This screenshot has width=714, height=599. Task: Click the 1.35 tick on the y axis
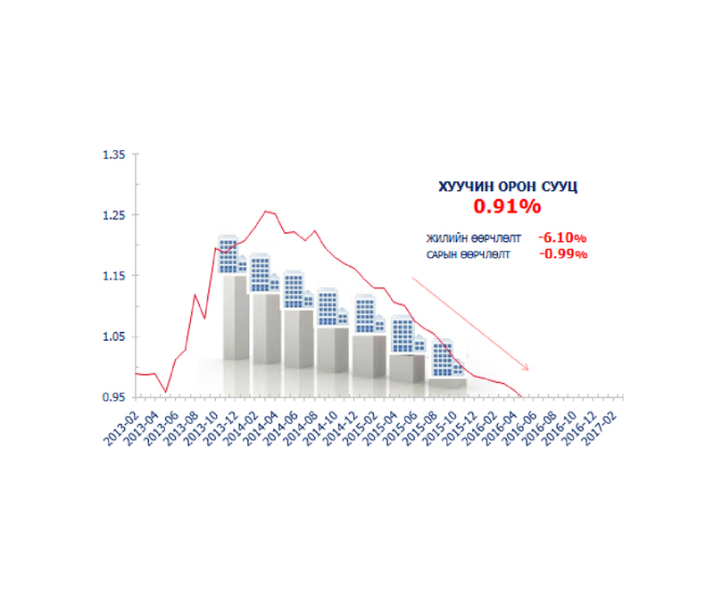click(x=115, y=154)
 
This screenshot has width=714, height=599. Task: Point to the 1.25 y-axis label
click(x=115, y=215)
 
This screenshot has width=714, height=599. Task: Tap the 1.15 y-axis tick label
click(x=115, y=276)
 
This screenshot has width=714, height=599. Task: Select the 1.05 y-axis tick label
click(x=115, y=337)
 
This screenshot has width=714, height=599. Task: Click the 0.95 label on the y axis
click(x=115, y=396)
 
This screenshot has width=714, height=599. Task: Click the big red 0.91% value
click(x=507, y=207)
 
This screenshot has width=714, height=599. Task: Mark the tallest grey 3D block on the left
click(x=235, y=317)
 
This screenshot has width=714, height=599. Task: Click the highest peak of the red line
click(x=266, y=212)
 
